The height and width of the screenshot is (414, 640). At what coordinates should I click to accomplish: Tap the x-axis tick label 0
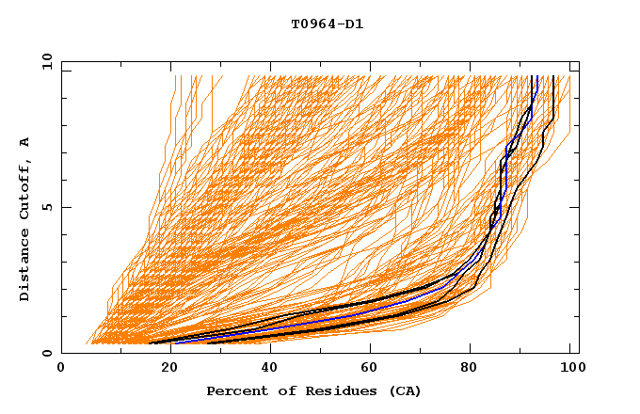pos(61,368)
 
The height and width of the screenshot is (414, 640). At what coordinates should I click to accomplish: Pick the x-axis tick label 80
pos(472,368)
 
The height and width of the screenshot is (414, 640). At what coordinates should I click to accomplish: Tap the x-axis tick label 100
pos(570,368)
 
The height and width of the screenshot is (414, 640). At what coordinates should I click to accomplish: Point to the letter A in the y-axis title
pos(25,142)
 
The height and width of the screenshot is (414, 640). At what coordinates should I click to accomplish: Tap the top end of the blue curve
pos(536,76)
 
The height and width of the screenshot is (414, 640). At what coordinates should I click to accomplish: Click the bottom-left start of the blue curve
pos(174,342)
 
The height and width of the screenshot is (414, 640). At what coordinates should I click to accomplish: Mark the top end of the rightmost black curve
pos(554,76)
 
